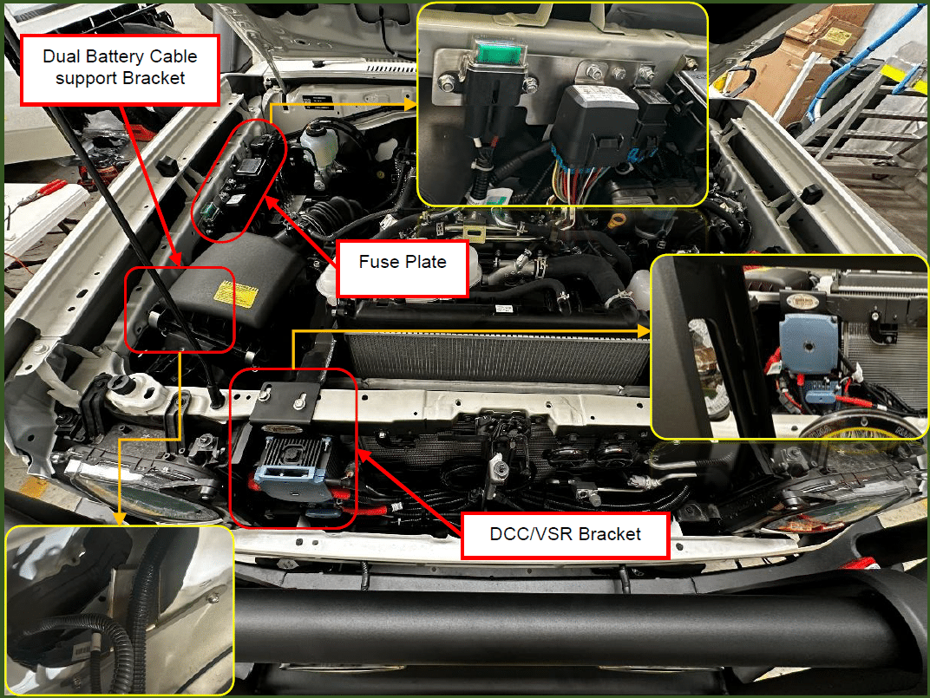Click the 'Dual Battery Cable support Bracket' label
[x=120, y=70]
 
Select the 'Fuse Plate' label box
[x=403, y=269]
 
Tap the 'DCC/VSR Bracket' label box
[x=566, y=536]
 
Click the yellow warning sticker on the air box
[x=235, y=294]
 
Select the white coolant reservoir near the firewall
[x=318, y=147]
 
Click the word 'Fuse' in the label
[x=379, y=262]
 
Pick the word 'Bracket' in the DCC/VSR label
[x=610, y=534]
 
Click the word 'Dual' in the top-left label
[x=62, y=56]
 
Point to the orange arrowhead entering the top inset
[x=410, y=104]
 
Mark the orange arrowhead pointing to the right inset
[x=644, y=331]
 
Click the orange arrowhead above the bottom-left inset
[x=119, y=519]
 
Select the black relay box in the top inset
[x=595, y=126]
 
